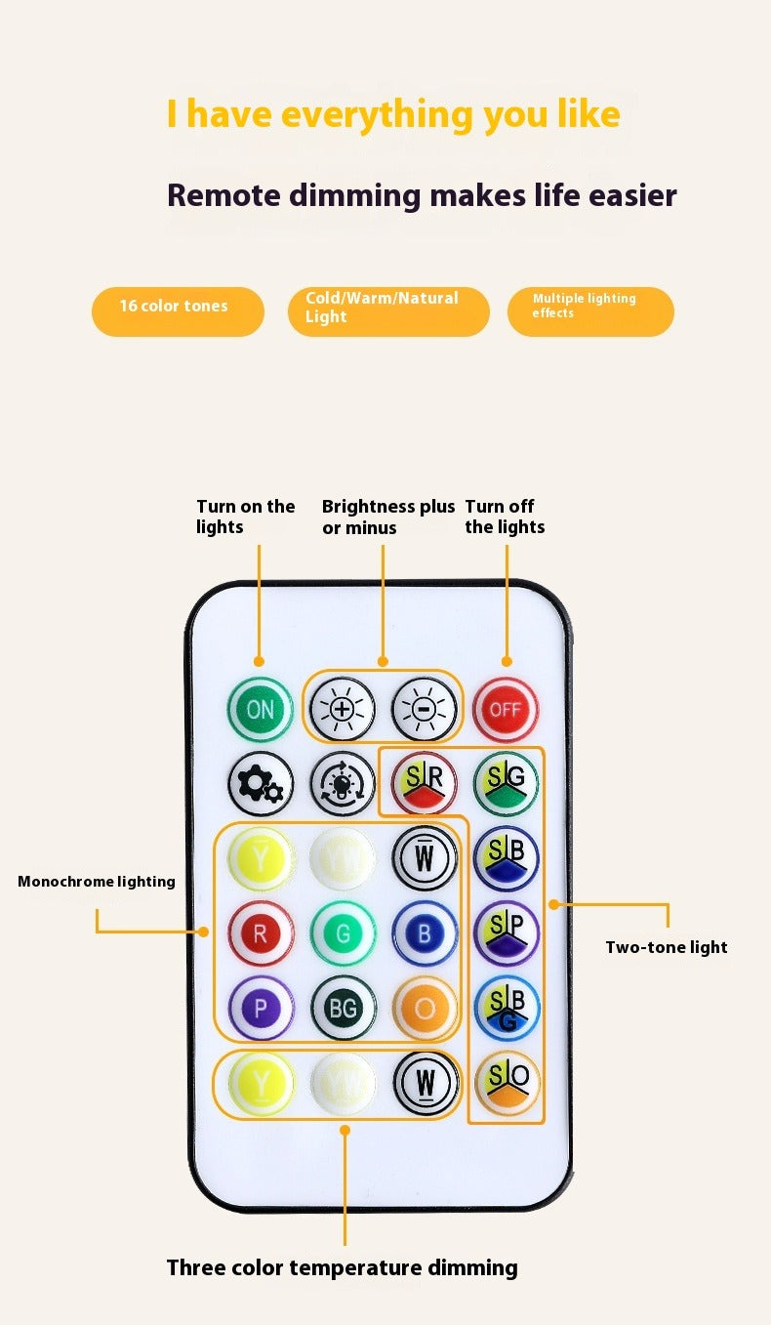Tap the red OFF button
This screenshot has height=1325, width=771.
tap(505, 710)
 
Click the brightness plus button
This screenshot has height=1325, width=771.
tap(342, 710)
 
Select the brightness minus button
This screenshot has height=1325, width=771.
tap(424, 710)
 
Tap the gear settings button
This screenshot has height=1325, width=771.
tap(261, 784)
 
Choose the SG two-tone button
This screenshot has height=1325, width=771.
tap(507, 784)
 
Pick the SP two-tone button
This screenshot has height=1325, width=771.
tap(507, 933)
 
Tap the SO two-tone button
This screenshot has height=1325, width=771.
tap(507, 1083)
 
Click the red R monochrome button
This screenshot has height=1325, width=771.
tap(261, 933)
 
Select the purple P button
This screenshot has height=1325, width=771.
tap(261, 1008)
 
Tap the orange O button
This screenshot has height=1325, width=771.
tap(425, 1008)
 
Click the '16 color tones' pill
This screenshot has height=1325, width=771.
tap(178, 311)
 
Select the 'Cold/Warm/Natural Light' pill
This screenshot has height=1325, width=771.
tap(388, 311)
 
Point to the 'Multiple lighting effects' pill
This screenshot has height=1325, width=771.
tap(590, 311)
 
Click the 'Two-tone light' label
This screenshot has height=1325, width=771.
tap(666, 947)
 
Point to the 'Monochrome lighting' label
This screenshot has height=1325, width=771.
tap(97, 882)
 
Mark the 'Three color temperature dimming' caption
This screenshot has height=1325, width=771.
tap(342, 1267)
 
